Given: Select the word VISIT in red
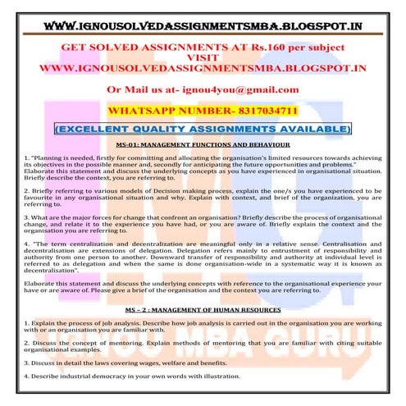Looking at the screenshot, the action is tap(202, 58).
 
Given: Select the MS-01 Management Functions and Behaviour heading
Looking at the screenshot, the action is tap(203, 145).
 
